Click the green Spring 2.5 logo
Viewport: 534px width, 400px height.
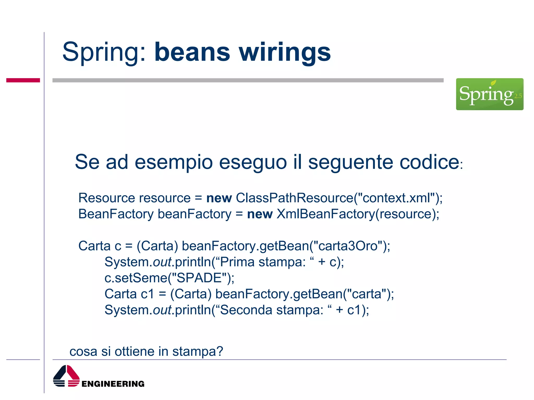click(x=489, y=94)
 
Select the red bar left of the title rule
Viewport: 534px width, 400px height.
click(x=23, y=80)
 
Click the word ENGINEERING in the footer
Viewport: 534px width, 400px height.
click(x=113, y=384)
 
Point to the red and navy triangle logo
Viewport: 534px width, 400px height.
click(x=66, y=376)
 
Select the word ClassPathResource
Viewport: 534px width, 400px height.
click(x=294, y=198)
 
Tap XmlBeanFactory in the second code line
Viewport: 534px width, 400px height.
click(x=326, y=214)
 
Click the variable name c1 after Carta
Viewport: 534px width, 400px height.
click(x=147, y=294)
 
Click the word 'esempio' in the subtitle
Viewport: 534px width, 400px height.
click(x=174, y=162)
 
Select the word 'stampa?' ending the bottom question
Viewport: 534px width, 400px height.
click(x=198, y=351)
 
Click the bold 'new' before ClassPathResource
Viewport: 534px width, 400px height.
click(x=219, y=198)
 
